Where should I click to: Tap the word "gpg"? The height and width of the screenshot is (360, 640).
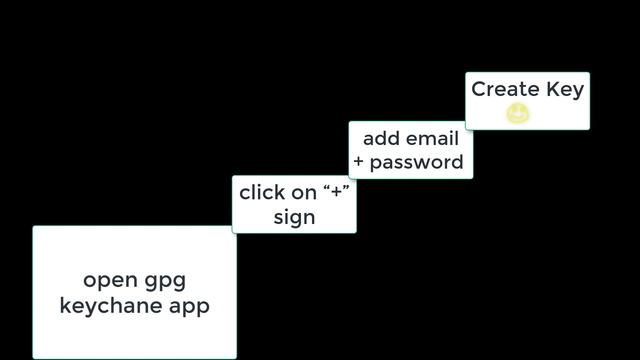coord(163,282)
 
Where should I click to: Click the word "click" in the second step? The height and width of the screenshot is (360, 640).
coord(263,192)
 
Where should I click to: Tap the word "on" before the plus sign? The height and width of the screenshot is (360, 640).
coord(306,192)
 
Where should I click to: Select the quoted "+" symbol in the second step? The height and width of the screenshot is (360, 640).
coord(336,191)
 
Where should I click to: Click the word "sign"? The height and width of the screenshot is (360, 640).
coord(294,217)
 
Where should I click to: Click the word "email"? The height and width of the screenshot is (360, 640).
coord(433,138)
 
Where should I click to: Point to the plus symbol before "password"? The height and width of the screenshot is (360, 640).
coord(359,162)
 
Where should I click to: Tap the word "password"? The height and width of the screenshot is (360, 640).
coord(417,162)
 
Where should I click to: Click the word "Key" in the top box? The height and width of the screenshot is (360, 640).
coord(565,90)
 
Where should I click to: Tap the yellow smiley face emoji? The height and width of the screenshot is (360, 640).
coord(518,114)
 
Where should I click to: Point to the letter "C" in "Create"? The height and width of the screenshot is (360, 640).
coord(479,89)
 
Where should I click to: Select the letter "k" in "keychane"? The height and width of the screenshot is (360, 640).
coord(65,305)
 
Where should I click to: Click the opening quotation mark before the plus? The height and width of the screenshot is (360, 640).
coord(326,187)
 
